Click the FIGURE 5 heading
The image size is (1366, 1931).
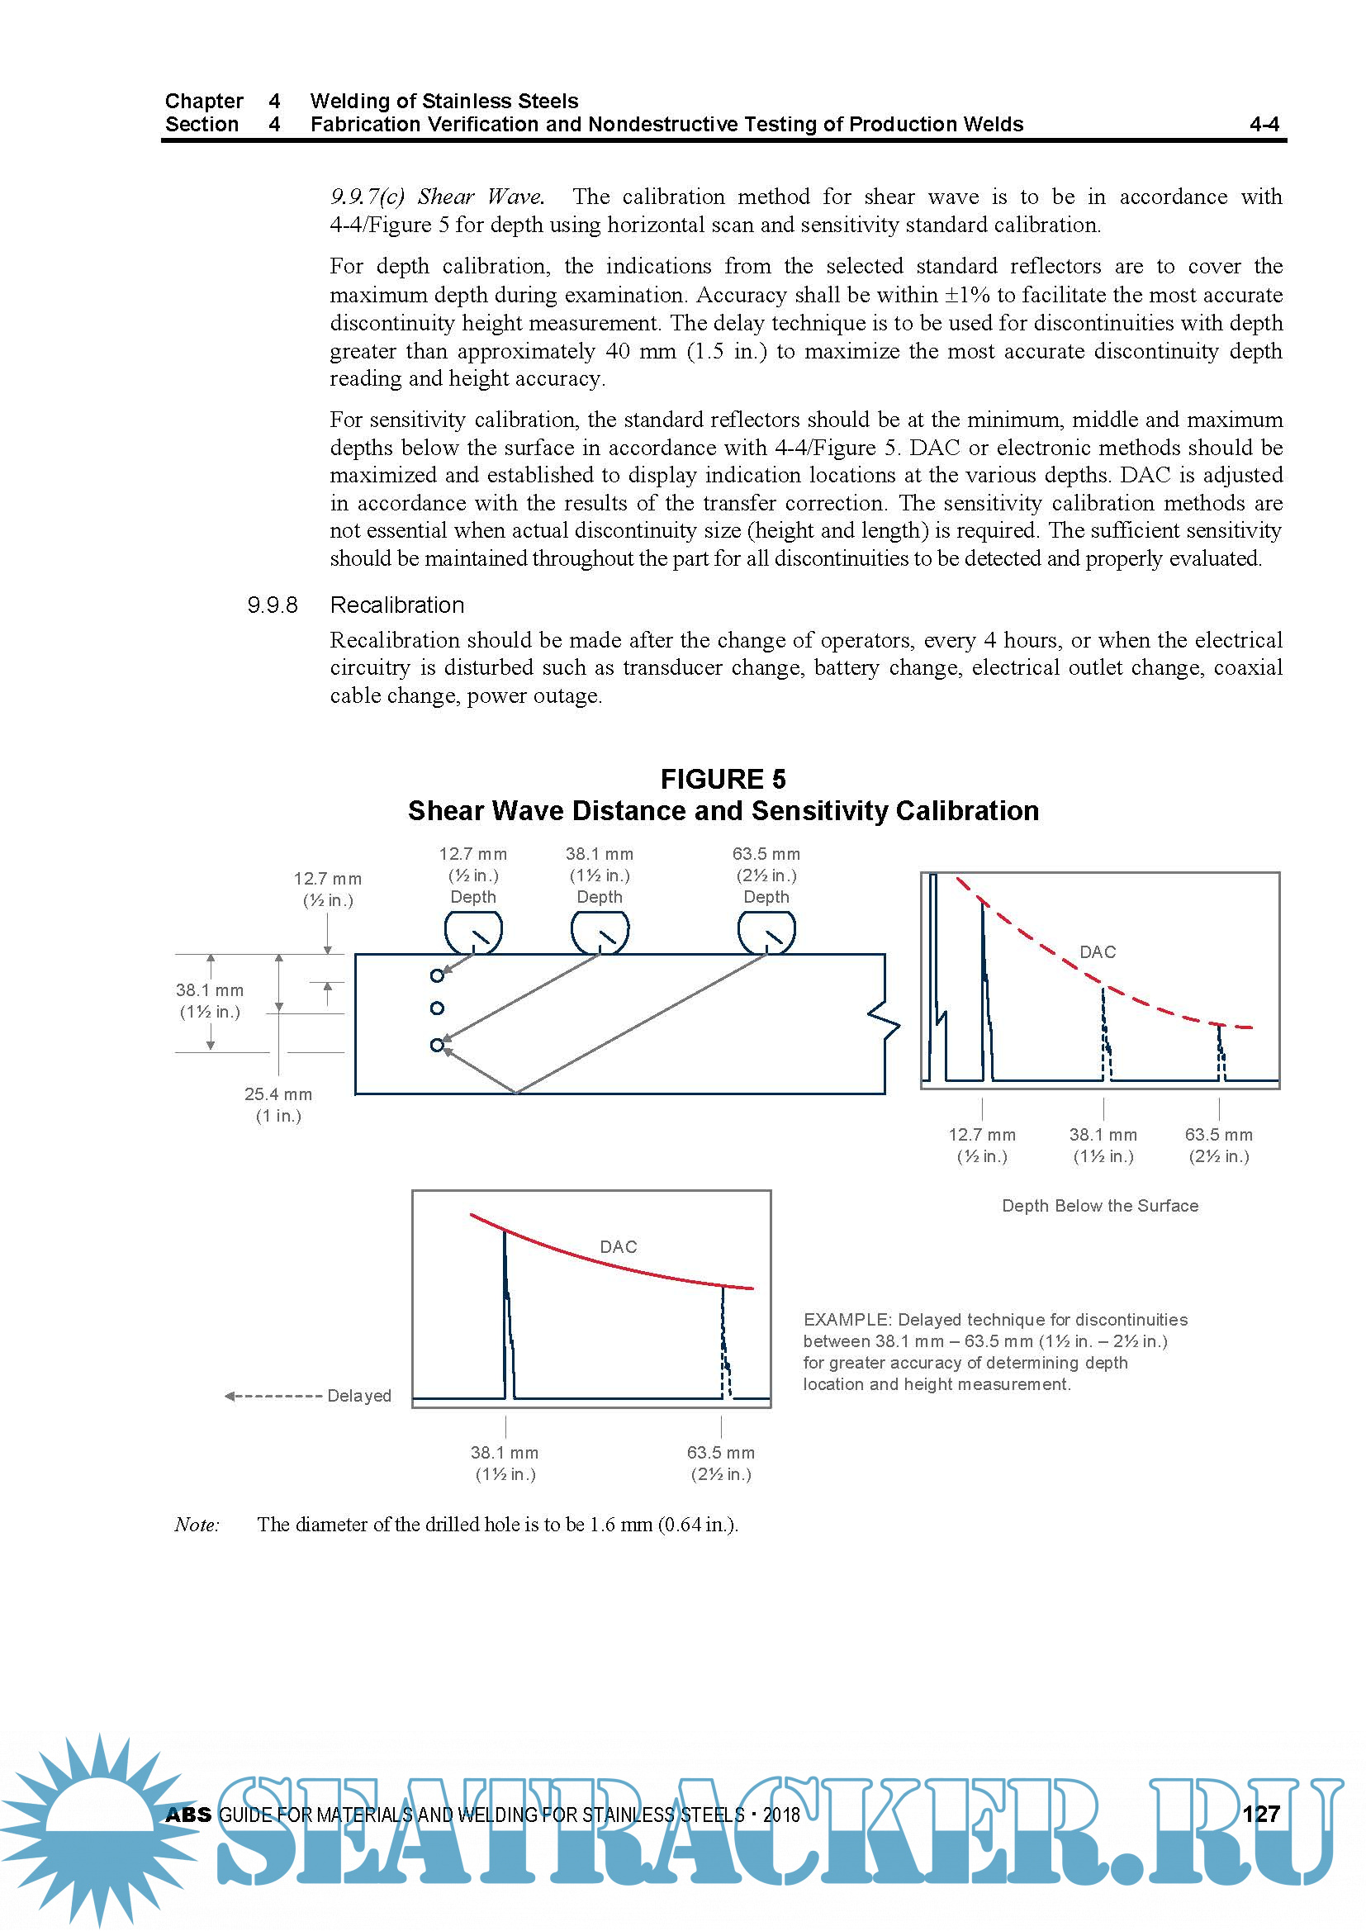coord(723,779)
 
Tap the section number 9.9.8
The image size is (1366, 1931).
coord(272,605)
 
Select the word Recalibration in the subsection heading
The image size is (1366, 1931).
coord(397,605)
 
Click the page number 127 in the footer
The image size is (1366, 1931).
coord(1261,1813)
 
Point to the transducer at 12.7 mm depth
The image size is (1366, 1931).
coord(473,933)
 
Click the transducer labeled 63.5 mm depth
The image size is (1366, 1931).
coord(766,933)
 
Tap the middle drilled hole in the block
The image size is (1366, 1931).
coord(437,1008)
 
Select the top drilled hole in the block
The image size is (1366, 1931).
coord(437,975)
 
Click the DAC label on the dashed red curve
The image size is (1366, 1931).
coord(1098,952)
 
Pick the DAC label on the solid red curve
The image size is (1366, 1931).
coord(619,1246)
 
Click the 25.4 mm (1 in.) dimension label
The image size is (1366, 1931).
coord(278,1104)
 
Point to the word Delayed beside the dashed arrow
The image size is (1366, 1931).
coord(359,1395)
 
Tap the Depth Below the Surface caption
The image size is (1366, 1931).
coord(1099,1205)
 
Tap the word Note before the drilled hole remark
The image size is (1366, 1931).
coord(197,1524)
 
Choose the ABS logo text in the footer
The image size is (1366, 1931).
coord(188,1815)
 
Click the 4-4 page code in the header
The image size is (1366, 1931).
coord(1264,125)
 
